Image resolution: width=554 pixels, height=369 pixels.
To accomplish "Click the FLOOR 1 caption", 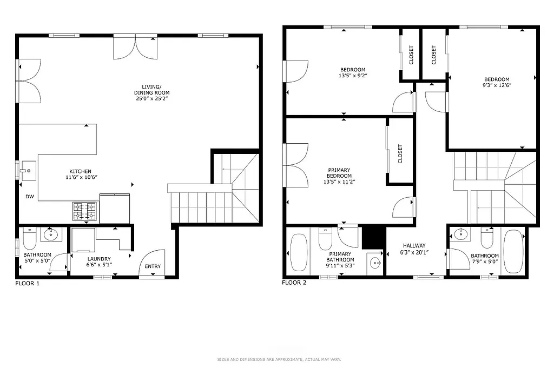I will [x=27, y=283].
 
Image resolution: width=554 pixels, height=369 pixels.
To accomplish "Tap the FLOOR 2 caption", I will [x=294, y=282].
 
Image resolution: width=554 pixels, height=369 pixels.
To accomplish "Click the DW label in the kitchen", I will [x=30, y=197].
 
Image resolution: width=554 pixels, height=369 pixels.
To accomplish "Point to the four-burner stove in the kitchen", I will [x=85, y=211].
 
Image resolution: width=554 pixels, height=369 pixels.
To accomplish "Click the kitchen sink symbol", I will [x=27, y=171].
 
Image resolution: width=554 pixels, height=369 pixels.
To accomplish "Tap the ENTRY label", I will [x=153, y=266].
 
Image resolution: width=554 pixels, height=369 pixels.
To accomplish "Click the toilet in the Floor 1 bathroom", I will [x=29, y=237].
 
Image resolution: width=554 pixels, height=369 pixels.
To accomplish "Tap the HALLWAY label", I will [x=414, y=245].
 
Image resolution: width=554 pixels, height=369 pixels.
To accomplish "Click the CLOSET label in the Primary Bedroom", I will [x=400, y=154].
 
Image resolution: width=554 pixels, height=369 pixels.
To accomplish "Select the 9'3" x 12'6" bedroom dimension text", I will [x=497, y=85].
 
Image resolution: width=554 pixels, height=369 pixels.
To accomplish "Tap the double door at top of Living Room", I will [x=135, y=47].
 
